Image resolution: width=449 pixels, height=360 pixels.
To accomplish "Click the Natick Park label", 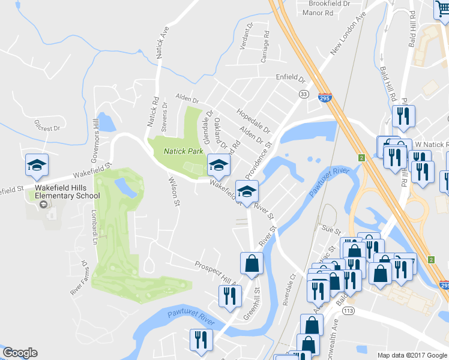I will pyautogui.click(x=184, y=151).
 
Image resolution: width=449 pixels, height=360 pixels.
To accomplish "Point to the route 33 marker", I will pyautogui.click(x=304, y=94).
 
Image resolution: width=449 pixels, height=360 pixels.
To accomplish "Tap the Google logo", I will pyautogui.click(x=20, y=353).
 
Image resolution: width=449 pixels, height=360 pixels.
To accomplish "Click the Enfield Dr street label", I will pyautogui.click(x=291, y=77).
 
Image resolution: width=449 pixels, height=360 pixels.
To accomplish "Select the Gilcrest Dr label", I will pyautogui.click(x=48, y=128).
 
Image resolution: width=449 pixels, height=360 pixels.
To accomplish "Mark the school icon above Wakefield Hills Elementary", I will pyautogui.click(x=37, y=166).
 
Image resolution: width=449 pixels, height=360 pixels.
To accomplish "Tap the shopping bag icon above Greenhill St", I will pyautogui.click(x=252, y=263).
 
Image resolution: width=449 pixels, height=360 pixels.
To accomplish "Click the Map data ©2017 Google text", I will pyautogui.click(x=412, y=355).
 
